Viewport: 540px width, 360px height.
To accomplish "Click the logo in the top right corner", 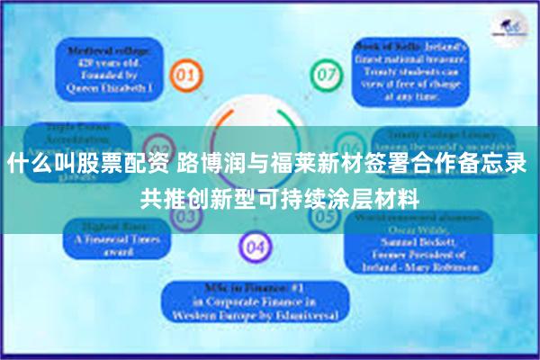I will coord(510,27).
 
